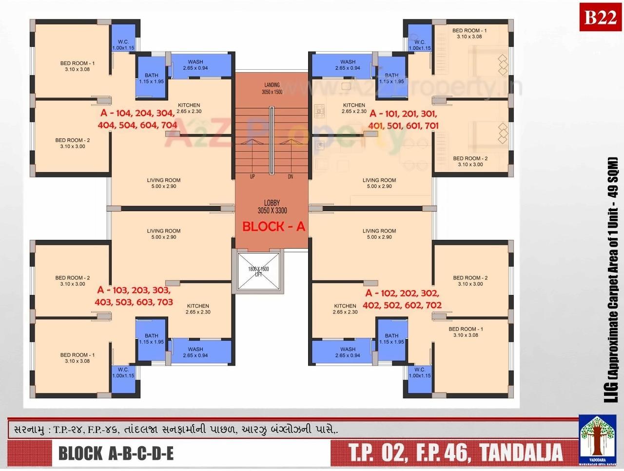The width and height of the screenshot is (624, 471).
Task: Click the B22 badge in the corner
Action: (600, 18)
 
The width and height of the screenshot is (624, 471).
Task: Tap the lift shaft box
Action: (258, 272)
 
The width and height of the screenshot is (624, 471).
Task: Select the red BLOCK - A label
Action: (273, 226)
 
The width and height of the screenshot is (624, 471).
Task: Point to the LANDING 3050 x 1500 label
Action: (272, 88)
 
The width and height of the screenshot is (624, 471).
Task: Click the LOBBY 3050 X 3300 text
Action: (272, 207)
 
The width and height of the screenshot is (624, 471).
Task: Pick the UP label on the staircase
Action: (252, 177)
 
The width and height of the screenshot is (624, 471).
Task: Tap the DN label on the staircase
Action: (290, 177)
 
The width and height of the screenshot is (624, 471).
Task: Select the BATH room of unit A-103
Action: (151, 339)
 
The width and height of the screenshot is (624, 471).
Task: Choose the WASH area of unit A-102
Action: (348, 352)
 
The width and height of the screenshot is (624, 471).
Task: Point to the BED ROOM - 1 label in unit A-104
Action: (78, 66)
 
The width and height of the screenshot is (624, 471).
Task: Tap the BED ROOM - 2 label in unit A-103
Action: (73, 281)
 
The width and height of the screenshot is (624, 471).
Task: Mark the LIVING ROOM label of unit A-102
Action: (379, 234)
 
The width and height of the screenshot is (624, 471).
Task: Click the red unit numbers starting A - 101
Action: (404, 119)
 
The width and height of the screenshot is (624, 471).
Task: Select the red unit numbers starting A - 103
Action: (134, 296)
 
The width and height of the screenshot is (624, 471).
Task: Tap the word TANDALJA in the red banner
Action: (521, 452)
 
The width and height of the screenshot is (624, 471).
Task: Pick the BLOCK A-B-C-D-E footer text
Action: (116, 453)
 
